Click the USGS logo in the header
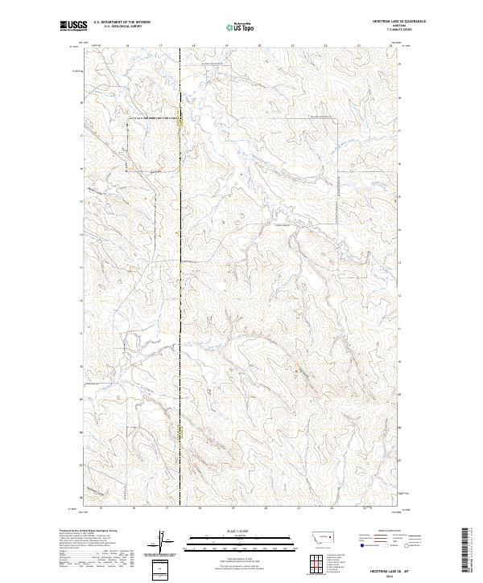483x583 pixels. [x=74, y=27]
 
